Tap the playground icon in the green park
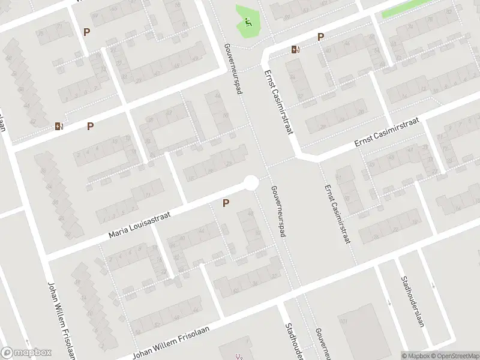point(248,23)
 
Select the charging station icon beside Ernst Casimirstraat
point(295,49)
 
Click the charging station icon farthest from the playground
point(58,126)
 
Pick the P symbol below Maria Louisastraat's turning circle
point(226,203)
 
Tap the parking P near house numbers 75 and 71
point(87,32)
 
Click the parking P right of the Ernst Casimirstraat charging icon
point(320,37)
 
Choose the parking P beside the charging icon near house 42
point(90,126)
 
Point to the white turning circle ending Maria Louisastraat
point(251,182)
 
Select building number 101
point(344,322)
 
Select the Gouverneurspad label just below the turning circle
point(278,210)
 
